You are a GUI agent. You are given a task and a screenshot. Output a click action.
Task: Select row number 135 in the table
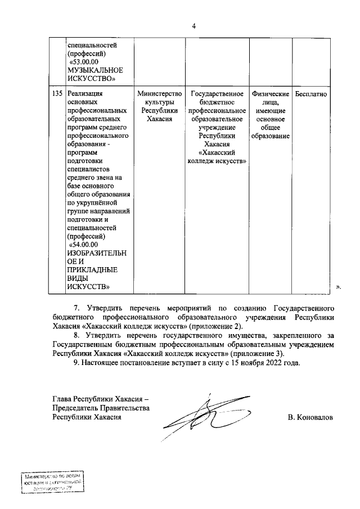(x=56, y=94)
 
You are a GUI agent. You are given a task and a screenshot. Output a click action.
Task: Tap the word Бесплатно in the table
(x=310, y=94)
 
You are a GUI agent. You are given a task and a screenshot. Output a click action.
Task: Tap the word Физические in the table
(x=271, y=94)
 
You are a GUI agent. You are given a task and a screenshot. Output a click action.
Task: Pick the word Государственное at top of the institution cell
(x=217, y=94)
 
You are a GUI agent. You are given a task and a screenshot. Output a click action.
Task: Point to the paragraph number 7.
(x=78, y=309)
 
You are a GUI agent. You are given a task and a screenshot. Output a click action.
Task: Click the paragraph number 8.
(x=78, y=336)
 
